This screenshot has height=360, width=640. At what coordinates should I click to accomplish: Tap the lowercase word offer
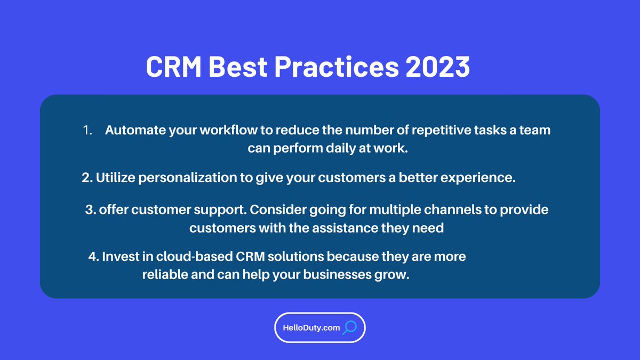tap(114, 210)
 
